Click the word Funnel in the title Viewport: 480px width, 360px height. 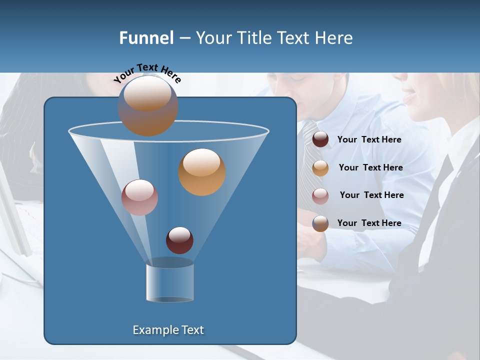tap(146, 38)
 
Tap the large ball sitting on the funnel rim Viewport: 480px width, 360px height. tap(148, 105)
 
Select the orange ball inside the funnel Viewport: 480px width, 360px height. tap(202, 172)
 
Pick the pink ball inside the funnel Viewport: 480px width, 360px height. tap(140, 197)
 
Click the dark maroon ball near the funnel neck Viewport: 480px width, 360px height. tap(179, 240)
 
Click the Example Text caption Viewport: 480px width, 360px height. tap(168, 330)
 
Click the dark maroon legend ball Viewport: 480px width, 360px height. tap(320, 139)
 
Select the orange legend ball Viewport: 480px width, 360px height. tap(320, 168)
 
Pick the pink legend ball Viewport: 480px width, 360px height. tap(320, 196)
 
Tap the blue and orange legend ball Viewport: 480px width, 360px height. tap(320, 223)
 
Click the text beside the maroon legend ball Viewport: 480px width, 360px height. tap(369, 140)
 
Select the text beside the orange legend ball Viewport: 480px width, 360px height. tap(370, 168)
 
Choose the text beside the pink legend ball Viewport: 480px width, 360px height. tap(371, 195)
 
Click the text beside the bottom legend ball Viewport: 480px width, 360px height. tap(369, 223)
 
